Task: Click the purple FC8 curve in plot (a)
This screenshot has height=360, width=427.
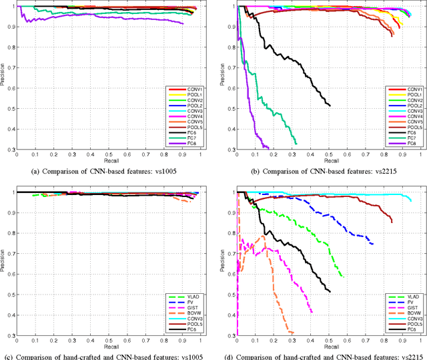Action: point(100,17)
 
